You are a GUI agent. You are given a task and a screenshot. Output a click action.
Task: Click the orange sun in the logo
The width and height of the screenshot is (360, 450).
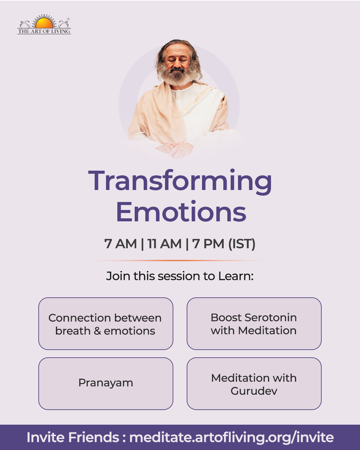[x=44, y=23]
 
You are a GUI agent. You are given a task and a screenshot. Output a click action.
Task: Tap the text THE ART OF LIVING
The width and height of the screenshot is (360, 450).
[x=44, y=31]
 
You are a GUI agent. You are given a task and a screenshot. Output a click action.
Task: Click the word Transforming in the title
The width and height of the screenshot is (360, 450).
[x=180, y=182]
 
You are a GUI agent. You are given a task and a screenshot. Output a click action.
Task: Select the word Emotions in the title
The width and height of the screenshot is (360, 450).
[x=181, y=212]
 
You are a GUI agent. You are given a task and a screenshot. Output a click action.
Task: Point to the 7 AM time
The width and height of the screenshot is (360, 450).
[x=120, y=244]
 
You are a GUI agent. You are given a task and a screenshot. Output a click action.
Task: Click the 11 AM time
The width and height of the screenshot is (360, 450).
[x=164, y=244]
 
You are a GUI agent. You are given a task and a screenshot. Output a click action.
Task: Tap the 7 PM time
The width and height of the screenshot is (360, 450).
[x=208, y=244]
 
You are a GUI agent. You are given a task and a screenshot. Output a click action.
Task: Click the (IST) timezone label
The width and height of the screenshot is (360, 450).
[x=242, y=244]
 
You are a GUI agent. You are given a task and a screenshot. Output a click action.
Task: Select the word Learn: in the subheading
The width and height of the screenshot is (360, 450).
[x=236, y=276]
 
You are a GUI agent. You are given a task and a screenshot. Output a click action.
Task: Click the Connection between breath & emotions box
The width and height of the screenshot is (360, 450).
[x=106, y=323]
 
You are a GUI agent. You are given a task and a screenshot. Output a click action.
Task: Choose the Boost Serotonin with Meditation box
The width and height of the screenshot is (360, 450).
[x=254, y=323]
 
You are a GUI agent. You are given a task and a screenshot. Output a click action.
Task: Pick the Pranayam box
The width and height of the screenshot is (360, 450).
[x=106, y=384]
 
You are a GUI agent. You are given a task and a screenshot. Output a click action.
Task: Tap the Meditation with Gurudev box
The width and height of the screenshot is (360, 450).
[x=254, y=384]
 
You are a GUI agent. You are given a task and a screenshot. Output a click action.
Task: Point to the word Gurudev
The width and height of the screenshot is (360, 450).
[x=254, y=391]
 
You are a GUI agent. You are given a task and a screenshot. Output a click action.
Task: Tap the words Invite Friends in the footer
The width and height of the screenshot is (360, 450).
[x=73, y=437]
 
